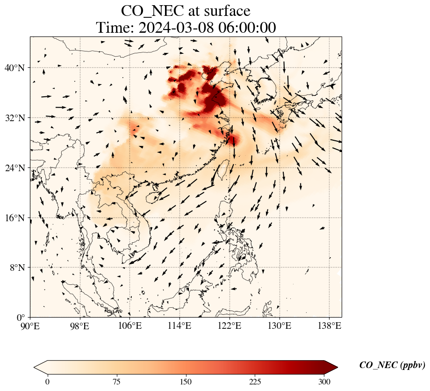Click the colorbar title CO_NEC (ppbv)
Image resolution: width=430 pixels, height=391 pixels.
coord(392,365)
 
